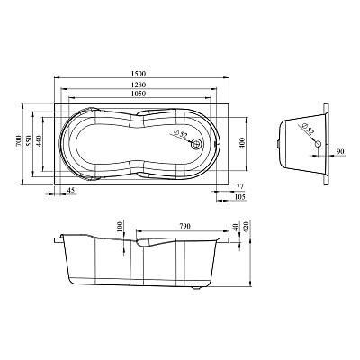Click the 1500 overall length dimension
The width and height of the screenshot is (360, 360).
click(139, 74)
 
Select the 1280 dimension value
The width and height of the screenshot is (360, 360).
click(139, 85)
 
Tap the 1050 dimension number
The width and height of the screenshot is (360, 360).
click(139, 94)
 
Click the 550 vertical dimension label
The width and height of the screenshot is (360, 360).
click(29, 140)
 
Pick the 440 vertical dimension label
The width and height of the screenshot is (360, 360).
click(39, 140)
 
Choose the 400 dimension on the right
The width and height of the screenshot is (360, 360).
click(242, 143)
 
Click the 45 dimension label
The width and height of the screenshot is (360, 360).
click(70, 190)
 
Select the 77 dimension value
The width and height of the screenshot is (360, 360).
click(240, 186)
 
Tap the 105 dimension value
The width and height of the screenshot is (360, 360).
click(240, 197)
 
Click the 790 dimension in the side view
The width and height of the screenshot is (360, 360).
click(184, 226)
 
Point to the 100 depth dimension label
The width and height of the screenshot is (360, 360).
click(120, 226)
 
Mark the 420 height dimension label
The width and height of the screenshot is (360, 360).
click(247, 226)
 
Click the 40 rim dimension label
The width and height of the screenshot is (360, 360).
click(236, 226)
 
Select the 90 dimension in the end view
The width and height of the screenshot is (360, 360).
click(340, 151)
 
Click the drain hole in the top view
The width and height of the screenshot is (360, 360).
click(197, 144)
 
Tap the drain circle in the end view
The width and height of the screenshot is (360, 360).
click(318, 144)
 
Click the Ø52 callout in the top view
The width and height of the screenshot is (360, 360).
click(180, 134)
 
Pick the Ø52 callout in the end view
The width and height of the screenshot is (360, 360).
click(308, 128)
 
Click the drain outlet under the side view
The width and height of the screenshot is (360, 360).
click(196, 289)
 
